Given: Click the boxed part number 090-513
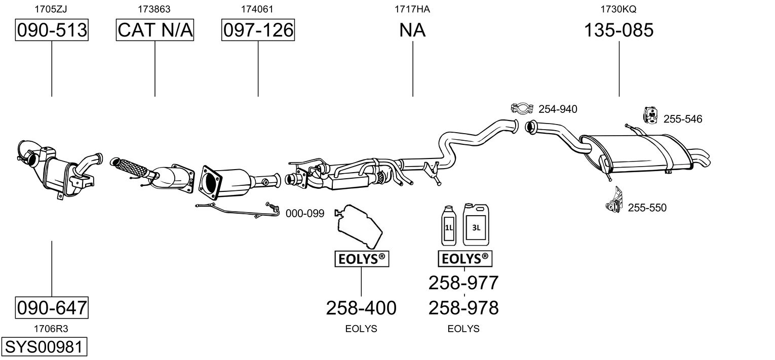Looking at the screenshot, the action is coord(52,30).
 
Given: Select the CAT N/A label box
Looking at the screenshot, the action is coord(154,30).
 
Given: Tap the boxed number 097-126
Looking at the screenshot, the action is coord(258,30).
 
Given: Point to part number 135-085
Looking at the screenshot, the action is coord(619,30).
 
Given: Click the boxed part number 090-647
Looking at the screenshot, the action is coord(52,307).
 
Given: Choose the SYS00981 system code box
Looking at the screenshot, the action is coord(44,346).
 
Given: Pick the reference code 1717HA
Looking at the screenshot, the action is coord(412,9).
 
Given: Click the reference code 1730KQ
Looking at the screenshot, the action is coord(618,9).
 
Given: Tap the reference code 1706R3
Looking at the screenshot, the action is coord(51,329).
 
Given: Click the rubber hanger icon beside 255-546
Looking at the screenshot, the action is coord(651,115).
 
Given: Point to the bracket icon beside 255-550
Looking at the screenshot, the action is coord(614,200).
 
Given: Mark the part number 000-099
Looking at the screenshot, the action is coord(305,213).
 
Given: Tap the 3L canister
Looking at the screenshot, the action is coord(476,224).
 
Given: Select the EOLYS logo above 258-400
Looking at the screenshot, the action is coord(362,259).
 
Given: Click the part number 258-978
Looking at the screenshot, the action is coord(463,307).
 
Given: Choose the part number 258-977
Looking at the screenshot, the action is coord(463,283).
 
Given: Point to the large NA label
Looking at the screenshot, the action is coord(412,30).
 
